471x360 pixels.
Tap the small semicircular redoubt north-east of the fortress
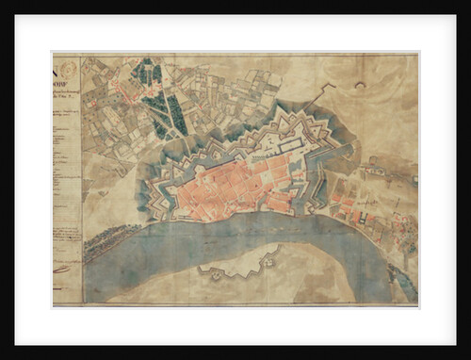coord(359,86)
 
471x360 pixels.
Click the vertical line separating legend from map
coord(82,179)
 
